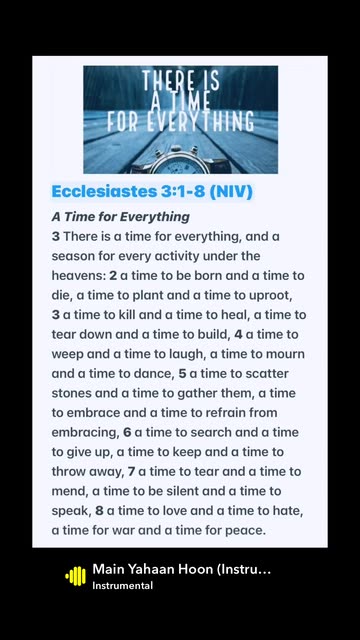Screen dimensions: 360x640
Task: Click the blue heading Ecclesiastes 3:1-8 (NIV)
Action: pyautogui.click(x=152, y=191)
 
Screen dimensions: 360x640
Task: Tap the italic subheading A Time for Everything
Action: pyautogui.click(x=121, y=217)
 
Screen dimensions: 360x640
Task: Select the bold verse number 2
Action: pyautogui.click(x=113, y=276)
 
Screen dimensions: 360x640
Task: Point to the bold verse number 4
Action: pyautogui.click(x=238, y=335)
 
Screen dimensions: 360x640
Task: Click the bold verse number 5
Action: pyautogui.click(x=182, y=374)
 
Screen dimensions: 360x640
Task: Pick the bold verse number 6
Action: pyautogui.click(x=127, y=433)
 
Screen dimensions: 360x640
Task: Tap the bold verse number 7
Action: pyautogui.click(x=131, y=472)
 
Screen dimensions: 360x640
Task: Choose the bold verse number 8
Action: pyautogui.click(x=99, y=511)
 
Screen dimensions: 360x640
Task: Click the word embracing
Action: pyautogui.click(x=84, y=433)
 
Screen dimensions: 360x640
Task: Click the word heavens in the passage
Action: pyautogui.click(x=77, y=276)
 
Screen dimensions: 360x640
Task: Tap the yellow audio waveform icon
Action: pyautogui.click(x=76, y=576)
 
